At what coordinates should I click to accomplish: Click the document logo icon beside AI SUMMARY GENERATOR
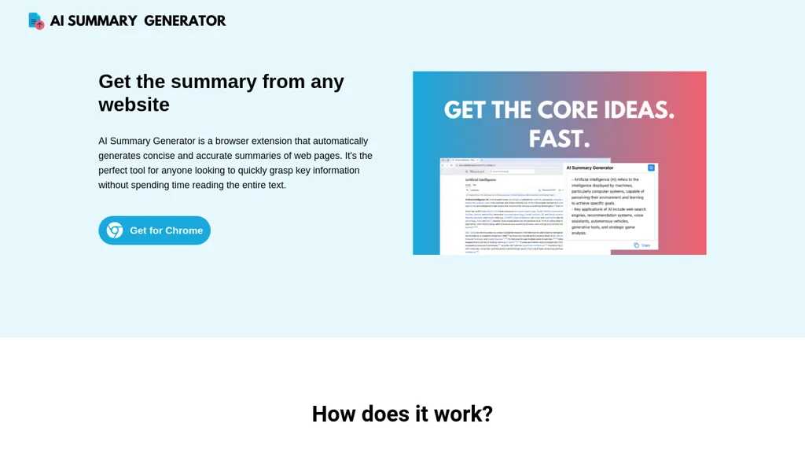(35, 20)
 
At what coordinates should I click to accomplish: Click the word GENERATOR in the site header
(184, 21)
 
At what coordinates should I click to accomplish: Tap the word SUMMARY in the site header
(102, 21)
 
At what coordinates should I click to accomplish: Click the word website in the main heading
(134, 104)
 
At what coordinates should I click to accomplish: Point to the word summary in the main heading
(214, 82)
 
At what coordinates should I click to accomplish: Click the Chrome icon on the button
(115, 230)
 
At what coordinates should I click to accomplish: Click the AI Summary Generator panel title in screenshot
(590, 168)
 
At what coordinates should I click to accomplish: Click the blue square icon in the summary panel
(651, 168)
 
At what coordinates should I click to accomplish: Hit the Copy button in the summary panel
(642, 245)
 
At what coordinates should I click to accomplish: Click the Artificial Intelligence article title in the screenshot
(482, 179)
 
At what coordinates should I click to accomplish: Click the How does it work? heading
(402, 414)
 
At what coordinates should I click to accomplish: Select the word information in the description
(328, 171)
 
